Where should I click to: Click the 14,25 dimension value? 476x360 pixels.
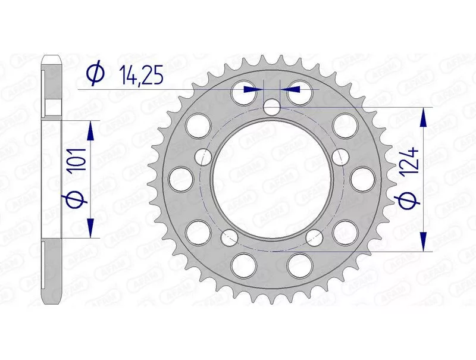pos(141,74)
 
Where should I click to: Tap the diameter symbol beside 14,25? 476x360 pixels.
pos(95,73)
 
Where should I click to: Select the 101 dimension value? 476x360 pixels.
pos(76,161)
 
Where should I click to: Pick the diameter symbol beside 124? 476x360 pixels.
pos(407,201)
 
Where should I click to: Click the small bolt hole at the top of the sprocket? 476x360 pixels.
pos(272,107)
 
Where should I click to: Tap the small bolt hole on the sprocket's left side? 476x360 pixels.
pos(203,156)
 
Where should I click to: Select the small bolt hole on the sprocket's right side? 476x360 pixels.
pos(340,156)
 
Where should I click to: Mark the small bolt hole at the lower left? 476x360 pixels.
pos(230,237)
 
